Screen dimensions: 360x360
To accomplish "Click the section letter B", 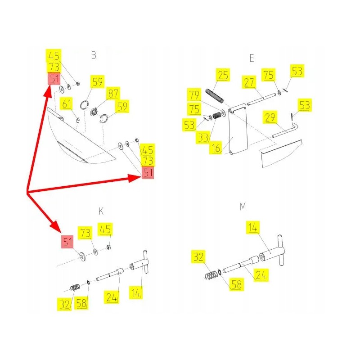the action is click(94, 55).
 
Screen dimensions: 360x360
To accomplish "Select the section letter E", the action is click(252, 58).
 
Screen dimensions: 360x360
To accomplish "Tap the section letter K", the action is click(101, 211).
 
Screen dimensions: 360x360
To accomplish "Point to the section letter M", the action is click(243, 207).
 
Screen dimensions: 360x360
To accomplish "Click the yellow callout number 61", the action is click(67, 104).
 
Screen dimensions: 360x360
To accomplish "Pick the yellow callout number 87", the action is click(113, 94).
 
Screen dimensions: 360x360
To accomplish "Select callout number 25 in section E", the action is click(223, 75).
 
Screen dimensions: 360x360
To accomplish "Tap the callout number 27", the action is click(249, 82).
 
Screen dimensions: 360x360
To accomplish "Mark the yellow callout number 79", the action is click(194, 95).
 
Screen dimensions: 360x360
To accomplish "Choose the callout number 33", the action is click(203, 138).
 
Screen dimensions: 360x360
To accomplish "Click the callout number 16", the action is click(216, 148).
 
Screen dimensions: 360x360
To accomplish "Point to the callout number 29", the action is click(270, 117).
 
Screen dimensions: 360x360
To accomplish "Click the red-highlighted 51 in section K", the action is click(67, 242).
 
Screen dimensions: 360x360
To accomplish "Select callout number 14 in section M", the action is click(253, 227).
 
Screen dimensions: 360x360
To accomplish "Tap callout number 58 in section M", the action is click(237, 284).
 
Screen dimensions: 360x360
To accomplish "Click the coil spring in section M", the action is click(211, 275).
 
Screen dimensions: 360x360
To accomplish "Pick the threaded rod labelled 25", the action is click(215, 96).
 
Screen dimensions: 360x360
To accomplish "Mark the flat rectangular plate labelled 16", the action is click(238, 130).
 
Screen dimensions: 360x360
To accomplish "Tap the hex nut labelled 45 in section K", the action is click(109, 247).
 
